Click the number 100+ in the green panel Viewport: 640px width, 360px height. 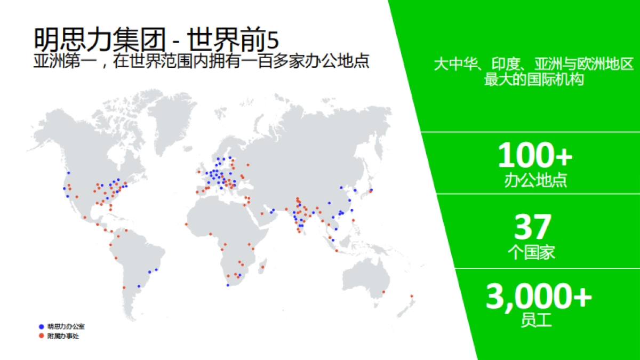pyautogui.click(x=535, y=155)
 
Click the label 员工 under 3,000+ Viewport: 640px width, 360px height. pyautogui.click(x=537, y=321)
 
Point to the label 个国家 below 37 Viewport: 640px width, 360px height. pyautogui.click(x=532, y=252)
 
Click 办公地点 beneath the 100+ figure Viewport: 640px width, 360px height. pyautogui.click(x=535, y=180)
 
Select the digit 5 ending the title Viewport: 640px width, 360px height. pyautogui.click(x=273, y=40)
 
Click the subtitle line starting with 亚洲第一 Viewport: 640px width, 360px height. pyautogui.click(x=202, y=61)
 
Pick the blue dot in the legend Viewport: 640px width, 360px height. pyautogui.click(x=41, y=326)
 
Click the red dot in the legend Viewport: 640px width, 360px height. pyautogui.click(x=41, y=336)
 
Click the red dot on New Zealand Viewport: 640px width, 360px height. pyautogui.click(x=412, y=296)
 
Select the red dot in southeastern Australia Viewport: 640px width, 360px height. pyautogui.click(x=383, y=292)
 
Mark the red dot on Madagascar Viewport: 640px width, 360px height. pyautogui.click(x=262, y=267)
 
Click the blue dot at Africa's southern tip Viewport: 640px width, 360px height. pyautogui.click(x=228, y=285)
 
